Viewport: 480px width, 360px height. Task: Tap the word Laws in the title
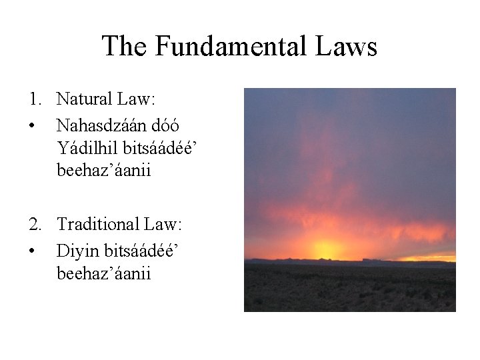pos(347,47)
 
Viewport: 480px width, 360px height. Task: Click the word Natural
pos(85,100)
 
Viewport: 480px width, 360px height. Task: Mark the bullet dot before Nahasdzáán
pos(33,125)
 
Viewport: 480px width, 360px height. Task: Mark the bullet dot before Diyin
pos(33,251)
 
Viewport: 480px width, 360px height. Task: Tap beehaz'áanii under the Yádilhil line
pos(104,171)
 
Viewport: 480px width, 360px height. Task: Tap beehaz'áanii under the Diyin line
pos(104,273)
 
